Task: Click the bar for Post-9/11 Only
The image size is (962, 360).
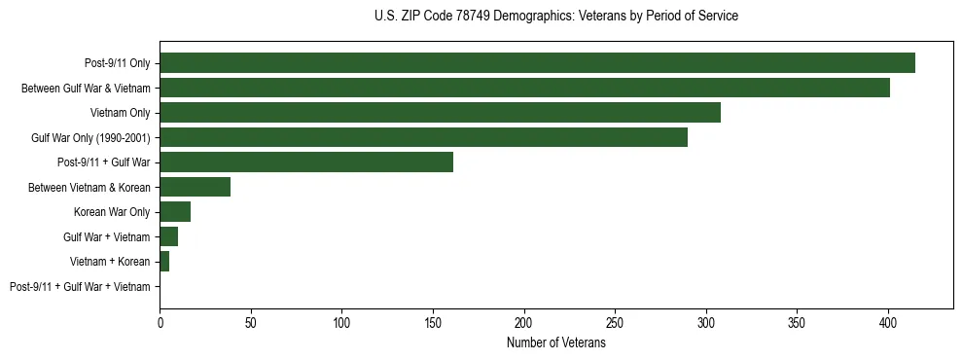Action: [537, 63]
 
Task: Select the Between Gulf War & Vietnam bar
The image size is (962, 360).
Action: [524, 88]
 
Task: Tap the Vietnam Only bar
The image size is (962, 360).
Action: [440, 113]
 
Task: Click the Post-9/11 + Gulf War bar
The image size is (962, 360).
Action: [306, 162]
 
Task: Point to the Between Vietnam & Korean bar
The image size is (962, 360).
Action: [196, 187]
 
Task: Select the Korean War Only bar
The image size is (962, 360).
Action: [175, 212]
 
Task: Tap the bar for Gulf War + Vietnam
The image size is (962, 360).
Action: [169, 236]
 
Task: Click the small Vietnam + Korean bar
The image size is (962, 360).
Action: [164, 262]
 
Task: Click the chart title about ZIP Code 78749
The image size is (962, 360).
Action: [555, 17]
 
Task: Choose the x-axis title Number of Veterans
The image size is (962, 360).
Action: [555, 343]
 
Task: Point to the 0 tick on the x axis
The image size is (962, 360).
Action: [160, 322]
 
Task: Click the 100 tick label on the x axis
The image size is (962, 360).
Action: [341, 322]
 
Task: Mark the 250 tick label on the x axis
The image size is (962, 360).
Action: [615, 322]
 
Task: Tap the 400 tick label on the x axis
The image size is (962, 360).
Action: [888, 322]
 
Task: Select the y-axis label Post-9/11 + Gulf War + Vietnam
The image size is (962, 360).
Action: [80, 287]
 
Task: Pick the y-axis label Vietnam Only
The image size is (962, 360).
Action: [120, 113]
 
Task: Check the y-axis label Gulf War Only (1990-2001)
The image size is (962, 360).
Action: [90, 138]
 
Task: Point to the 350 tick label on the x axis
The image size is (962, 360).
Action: [797, 322]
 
